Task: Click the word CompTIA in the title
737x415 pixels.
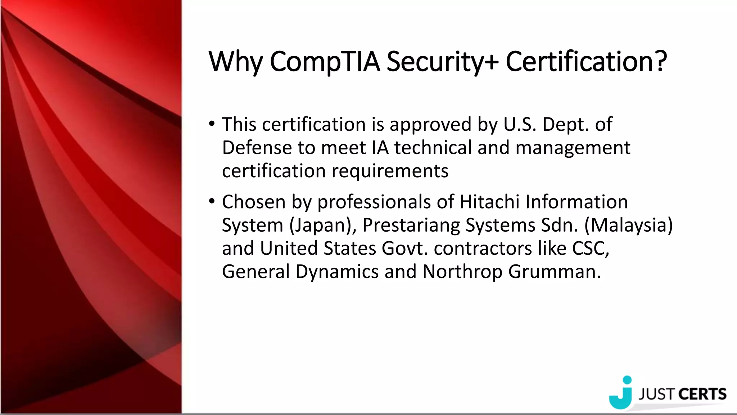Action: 325,62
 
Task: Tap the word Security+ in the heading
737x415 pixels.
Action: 442,62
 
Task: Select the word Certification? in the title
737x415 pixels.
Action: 586,62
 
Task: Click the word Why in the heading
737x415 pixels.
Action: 236,62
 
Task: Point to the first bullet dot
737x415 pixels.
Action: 212,124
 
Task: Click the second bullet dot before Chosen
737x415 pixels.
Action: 212,201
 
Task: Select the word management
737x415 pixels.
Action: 573,148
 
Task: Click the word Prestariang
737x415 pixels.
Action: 411,225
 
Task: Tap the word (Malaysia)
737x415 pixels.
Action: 628,225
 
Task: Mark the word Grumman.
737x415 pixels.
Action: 554,271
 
